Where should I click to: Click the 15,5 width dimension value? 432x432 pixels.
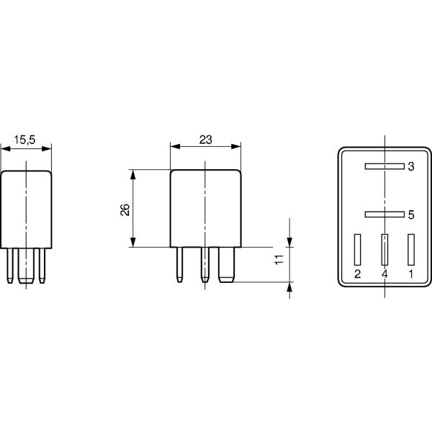point(24,140)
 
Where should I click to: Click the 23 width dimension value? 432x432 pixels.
point(205,140)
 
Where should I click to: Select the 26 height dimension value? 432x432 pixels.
point(125,210)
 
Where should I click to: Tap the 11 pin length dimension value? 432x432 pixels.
point(279,259)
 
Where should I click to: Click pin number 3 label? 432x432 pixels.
point(411,166)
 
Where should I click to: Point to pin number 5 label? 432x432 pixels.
point(411,215)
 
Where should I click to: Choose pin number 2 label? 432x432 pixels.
point(357,274)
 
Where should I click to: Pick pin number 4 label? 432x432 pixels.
point(384,274)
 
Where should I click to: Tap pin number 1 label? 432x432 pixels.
point(411,274)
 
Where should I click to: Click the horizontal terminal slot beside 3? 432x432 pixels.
point(384,166)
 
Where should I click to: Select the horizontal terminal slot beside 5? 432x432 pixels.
point(384,214)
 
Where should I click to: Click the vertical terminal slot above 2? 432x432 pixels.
point(357,250)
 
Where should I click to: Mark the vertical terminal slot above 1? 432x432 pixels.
point(411,250)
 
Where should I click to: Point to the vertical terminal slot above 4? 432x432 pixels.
point(384,250)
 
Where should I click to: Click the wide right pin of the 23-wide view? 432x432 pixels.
point(227,265)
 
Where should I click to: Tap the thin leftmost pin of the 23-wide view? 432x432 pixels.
point(179,264)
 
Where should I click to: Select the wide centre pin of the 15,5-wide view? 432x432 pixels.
point(26,266)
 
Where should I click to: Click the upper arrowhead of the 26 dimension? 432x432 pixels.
point(132,175)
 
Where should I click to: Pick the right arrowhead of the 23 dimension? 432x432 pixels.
point(236,146)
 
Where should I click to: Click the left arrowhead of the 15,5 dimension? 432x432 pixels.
point(6,149)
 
